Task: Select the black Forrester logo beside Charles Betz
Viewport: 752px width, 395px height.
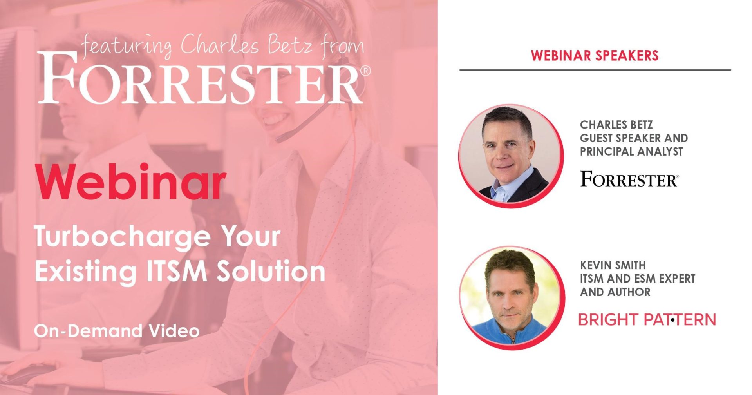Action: click(629, 179)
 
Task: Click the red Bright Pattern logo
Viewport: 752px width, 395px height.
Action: click(647, 319)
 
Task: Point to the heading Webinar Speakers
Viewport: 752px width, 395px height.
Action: click(595, 55)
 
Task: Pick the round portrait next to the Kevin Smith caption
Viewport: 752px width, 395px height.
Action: click(512, 297)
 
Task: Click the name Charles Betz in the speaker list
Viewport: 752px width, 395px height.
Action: click(616, 125)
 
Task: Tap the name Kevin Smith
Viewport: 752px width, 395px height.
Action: click(613, 265)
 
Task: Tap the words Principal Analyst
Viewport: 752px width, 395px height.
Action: click(631, 151)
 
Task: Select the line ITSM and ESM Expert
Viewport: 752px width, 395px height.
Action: click(638, 279)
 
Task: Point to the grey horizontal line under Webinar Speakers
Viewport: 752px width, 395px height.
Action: click(595, 70)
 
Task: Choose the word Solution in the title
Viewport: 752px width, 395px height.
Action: click(271, 271)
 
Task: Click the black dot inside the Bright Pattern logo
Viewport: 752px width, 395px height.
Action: click(672, 320)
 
